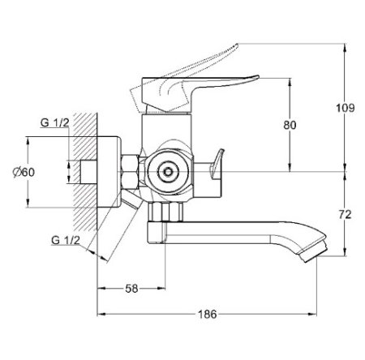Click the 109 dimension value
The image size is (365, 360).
tap(345, 108)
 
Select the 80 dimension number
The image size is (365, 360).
tap(290, 125)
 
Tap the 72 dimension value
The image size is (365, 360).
tap(345, 214)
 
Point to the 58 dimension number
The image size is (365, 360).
tap(131, 289)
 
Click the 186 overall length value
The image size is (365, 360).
tap(208, 314)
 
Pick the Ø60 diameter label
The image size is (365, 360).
tap(24, 172)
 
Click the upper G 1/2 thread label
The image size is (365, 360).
tap(54, 122)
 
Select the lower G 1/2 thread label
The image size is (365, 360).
tap(66, 240)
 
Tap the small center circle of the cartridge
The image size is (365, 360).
tap(169, 172)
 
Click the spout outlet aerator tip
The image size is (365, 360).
tap(314, 251)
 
